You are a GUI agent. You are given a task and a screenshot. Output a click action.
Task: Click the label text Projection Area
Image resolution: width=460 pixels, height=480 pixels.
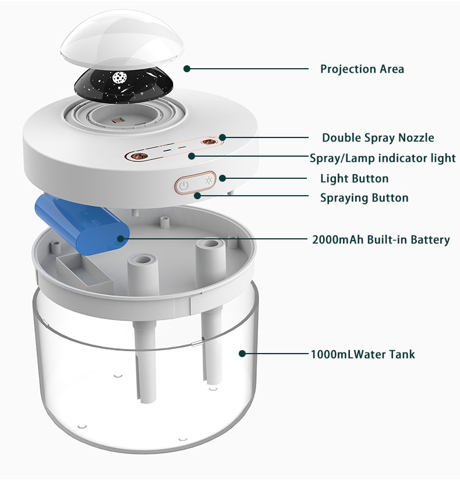coord(362,69)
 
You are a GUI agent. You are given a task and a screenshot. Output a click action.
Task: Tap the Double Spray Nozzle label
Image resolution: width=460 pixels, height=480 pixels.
coord(378,137)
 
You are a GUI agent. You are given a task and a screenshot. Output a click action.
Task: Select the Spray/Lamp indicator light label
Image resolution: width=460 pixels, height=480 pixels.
coord(383,158)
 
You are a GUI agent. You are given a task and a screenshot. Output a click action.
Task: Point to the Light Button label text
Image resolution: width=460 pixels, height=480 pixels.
coord(355,178)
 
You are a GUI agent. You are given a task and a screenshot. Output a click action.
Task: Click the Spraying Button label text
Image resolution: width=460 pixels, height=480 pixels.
coord(364,198)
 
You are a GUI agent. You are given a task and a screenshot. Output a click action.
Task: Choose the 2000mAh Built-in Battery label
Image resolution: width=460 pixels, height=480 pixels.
coord(381,239)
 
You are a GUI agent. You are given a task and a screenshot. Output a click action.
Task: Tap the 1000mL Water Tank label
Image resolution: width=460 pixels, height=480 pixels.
coord(363,354)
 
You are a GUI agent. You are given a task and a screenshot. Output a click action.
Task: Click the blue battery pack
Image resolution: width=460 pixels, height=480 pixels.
coord(82,224)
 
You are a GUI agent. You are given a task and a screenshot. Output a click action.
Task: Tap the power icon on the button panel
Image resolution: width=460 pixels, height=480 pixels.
coord(183,186)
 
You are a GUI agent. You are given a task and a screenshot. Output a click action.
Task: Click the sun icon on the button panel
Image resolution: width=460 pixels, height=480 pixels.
coord(209,179)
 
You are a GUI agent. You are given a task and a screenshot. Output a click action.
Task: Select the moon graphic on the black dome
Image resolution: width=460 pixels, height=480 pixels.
coord(120,77)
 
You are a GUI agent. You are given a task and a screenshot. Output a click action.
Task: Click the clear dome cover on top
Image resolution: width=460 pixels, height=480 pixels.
coord(122,38)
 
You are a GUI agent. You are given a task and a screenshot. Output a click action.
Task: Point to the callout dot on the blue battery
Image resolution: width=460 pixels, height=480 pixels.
coord(121,238)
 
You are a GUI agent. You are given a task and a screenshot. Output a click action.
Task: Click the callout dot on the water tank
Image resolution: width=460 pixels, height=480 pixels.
coord(242,354)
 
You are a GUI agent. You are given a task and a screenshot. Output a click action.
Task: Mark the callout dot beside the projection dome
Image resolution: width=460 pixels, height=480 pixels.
coord(187,69)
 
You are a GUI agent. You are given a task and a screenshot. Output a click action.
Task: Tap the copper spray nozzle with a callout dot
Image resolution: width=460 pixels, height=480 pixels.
coord(208,142)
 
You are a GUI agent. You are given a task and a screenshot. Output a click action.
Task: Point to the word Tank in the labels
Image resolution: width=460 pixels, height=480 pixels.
coord(402,354)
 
